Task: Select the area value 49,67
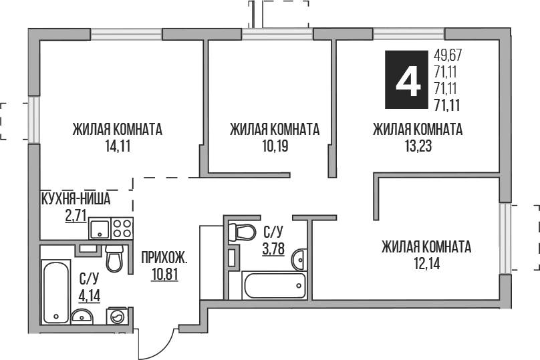pos(448,55)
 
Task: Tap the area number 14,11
pos(117,147)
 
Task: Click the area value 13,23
pos(418,147)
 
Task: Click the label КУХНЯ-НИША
pos(75,198)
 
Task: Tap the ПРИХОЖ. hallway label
pos(164,256)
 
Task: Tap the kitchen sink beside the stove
pos(99,230)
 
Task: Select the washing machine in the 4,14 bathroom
pos(120,317)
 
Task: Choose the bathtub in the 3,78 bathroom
pos(274,287)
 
